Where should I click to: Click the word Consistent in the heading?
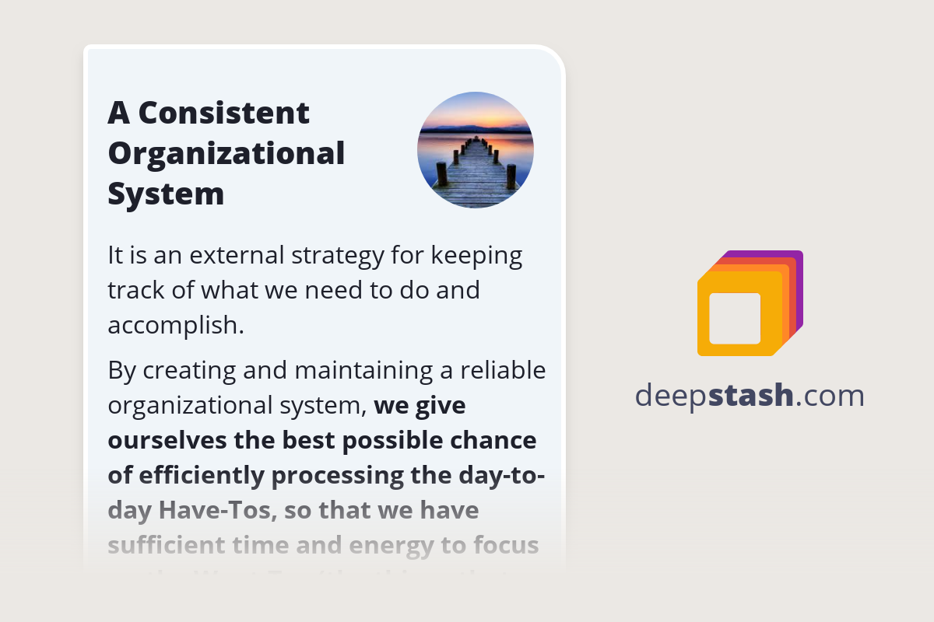pyautogui.click(x=223, y=114)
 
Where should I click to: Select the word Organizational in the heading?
pyautogui.click(x=226, y=153)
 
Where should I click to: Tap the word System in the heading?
pyautogui.click(x=166, y=194)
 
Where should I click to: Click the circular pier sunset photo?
pyautogui.click(x=476, y=150)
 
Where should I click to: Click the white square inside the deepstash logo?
pyautogui.click(x=735, y=318)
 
